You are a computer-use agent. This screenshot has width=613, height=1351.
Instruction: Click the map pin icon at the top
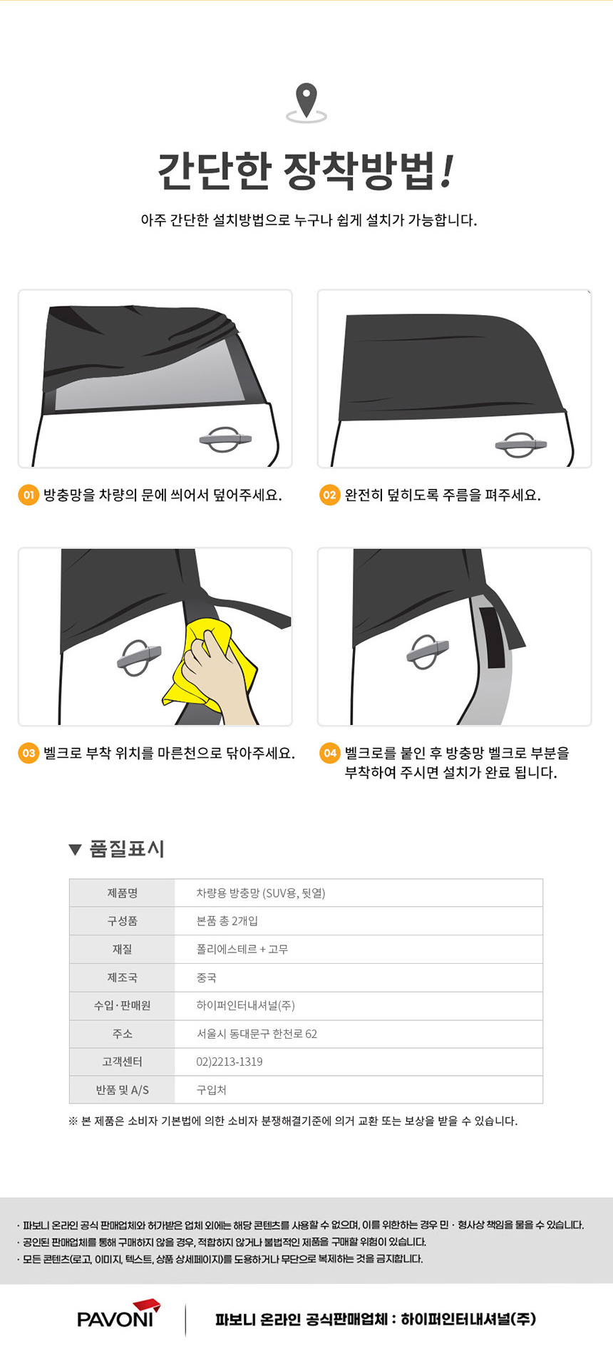click(306, 102)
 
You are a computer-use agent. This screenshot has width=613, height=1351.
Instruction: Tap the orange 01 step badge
click(29, 495)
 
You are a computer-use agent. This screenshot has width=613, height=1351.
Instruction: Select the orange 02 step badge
click(329, 495)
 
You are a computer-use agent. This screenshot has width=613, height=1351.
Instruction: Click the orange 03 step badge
click(29, 753)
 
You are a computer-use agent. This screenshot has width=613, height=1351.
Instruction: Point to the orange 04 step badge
click(329, 753)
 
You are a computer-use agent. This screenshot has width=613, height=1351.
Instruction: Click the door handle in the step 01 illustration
click(225, 439)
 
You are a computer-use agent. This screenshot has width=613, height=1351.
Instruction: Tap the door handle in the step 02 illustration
click(520, 445)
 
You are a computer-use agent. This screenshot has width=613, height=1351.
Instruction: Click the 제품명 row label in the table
click(123, 893)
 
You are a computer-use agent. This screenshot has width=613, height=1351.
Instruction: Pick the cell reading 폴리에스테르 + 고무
click(242, 949)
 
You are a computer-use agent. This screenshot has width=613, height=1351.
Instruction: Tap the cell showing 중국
click(206, 977)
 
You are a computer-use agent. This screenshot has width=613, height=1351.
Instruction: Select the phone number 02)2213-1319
click(230, 1062)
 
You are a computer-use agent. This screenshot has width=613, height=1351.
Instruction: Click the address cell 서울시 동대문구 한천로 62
click(257, 1034)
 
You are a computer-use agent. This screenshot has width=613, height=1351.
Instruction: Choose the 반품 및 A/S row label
click(123, 1090)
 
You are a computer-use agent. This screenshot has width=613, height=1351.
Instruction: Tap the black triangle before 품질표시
click(75, 849)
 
